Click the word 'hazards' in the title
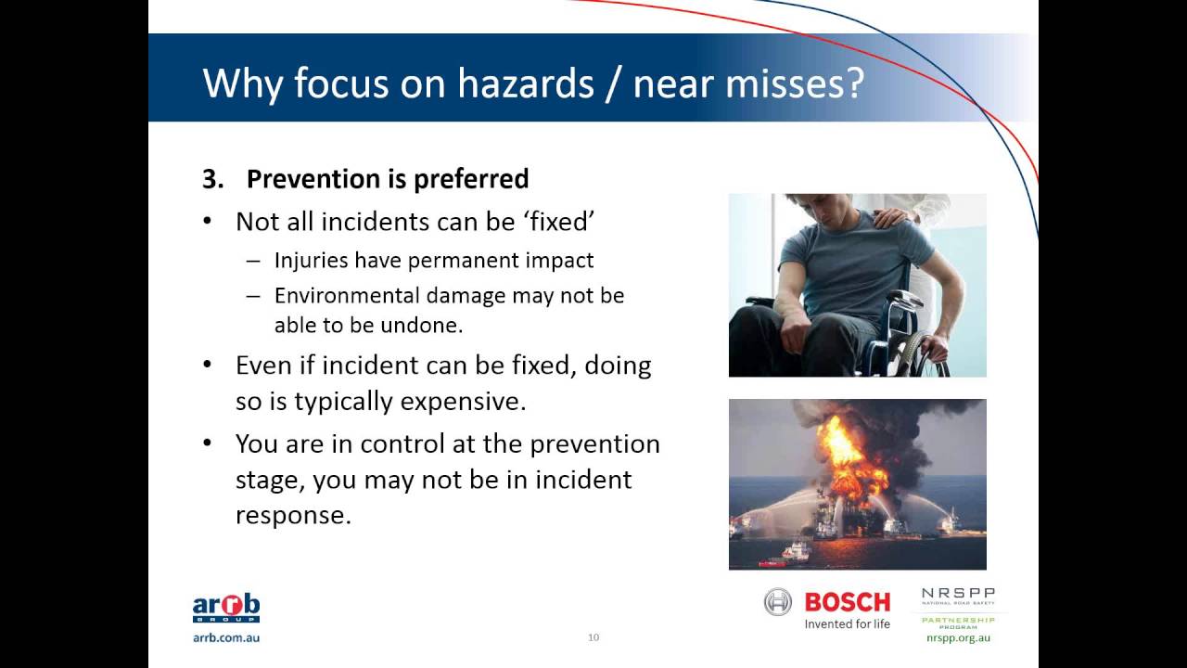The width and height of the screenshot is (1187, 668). click(x=525, y=83)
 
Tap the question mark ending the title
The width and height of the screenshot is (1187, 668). click(x=853, y=83)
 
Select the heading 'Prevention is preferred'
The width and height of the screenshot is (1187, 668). click(x=387, y=178)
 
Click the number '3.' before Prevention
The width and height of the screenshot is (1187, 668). click(x=213, y=178)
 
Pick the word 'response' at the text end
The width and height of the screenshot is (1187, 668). click(x=292, y=515)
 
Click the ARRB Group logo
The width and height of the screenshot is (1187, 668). click(x=225, y=609)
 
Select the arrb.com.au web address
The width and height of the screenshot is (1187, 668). click(x=225, y=637)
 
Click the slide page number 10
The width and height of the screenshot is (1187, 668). click(x=593, y=637)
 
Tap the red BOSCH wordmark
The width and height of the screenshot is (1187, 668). click(x=847, y=602)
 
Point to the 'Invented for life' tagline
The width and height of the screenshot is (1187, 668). click(x=847, y=624)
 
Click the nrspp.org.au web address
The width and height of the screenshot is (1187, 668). click(x=958, y=638)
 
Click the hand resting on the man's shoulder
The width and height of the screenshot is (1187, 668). click(x=895, y=217)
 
